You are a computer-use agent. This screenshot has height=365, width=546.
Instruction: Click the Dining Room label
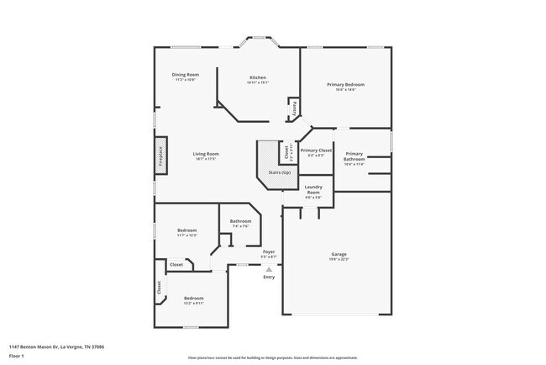186,75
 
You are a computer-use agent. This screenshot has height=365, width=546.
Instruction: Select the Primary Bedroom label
346,85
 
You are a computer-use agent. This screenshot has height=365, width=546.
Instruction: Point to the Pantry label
295,108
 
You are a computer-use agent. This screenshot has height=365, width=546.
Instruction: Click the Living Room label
206,154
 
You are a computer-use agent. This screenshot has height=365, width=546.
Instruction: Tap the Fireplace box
160,159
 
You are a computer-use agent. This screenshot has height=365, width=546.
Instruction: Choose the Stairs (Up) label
280,172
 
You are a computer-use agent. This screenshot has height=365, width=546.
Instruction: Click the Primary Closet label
316,151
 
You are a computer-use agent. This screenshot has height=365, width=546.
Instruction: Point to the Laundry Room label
314,190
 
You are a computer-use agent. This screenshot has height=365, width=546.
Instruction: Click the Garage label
339,254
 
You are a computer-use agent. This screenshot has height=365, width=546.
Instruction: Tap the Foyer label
269,251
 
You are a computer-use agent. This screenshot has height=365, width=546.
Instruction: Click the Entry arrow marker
269,269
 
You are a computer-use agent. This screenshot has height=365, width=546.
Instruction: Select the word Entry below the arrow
269,278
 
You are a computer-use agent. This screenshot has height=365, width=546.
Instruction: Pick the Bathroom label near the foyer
240,221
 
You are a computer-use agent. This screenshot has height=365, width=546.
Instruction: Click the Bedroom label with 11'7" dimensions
187,230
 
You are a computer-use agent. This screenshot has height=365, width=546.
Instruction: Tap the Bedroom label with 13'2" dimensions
194,299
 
